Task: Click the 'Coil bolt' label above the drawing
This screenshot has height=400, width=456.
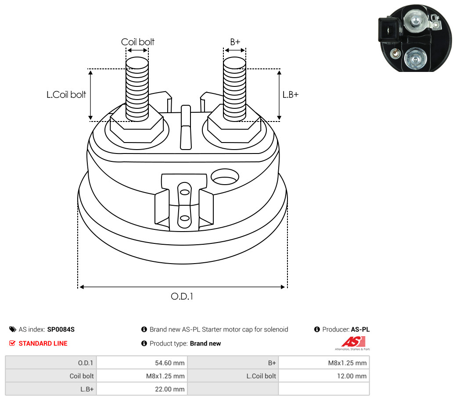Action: tap(137, 42)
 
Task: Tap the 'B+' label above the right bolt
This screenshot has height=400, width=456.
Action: tap(235, 42)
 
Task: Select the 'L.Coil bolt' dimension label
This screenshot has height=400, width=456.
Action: tap(66, 94)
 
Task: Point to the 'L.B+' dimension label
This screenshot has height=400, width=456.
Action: tap(290, 94)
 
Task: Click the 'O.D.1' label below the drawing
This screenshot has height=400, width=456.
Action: tap(182, 296)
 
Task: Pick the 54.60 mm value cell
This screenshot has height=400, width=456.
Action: tap(141, 363)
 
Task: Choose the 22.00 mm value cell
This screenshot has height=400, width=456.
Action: tap(141, 389)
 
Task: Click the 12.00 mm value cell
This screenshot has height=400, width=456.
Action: tap(323, 376)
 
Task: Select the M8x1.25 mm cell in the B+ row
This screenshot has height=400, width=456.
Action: tap(323, 363)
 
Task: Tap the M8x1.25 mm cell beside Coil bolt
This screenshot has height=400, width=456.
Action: tap(141, 376)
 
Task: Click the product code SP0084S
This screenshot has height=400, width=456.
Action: tap(61, 329)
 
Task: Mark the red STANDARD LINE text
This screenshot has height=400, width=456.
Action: tap(43, 343)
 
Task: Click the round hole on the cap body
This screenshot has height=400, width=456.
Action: tap(225, 177)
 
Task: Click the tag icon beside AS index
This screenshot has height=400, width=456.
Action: tap(12, 329)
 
